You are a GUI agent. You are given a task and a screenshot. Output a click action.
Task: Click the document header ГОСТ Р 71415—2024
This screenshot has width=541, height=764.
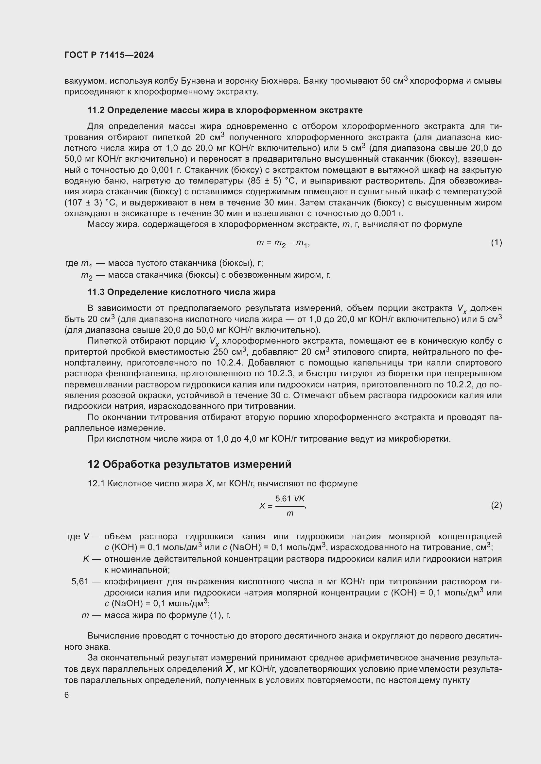coord(109,55)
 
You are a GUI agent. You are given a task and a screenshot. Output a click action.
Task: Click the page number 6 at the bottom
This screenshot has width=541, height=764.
coord(67,695)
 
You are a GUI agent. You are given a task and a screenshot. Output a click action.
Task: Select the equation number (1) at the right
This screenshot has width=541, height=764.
coord(496,243)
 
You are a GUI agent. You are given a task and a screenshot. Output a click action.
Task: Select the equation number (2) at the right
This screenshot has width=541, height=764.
coord(496,505)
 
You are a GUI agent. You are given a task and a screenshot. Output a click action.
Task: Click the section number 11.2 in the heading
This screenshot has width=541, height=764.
coord(96,110)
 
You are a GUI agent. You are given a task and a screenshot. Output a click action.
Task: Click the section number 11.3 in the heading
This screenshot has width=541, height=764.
coord(96,292)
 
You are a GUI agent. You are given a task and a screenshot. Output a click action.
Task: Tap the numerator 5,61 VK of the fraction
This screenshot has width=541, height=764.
coord(290,498)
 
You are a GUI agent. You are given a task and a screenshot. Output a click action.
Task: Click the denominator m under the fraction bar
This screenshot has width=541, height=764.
coord(290,513)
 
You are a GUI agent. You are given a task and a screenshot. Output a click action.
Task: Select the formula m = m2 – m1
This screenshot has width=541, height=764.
coord(283,243)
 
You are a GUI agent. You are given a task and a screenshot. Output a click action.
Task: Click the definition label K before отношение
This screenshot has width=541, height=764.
coord(86,559)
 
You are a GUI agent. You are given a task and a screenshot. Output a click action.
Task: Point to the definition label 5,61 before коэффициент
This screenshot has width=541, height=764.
coord(80,581)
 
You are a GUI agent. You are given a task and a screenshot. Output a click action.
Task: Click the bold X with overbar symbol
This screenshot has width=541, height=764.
coord(229,669)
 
